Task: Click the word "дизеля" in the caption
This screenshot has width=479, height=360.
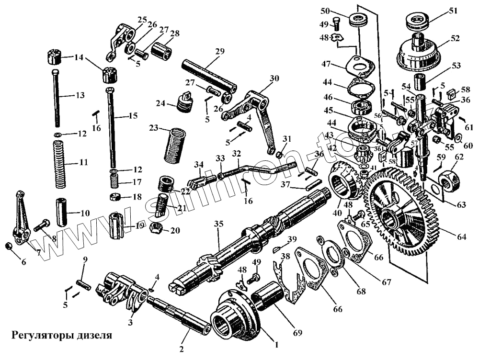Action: tap(94, 335)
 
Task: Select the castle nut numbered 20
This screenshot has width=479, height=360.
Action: tap(156, 228)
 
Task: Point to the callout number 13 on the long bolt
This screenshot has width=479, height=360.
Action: tap(79, 95)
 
